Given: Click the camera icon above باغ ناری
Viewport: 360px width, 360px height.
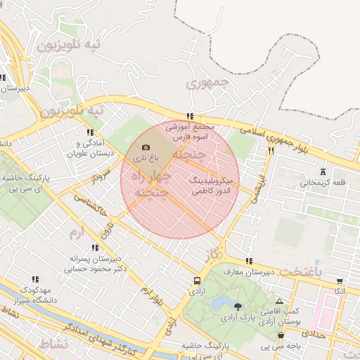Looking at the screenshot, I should pyautogui.click(x=146, y=148).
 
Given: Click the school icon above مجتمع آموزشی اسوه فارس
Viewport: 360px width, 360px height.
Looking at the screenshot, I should pyautogui.click(x=189, y=117).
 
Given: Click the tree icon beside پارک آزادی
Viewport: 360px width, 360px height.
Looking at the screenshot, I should pyautogui.click(x=238, y=306).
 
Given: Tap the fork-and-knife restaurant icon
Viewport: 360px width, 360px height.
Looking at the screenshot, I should pyautogui.click(x=270, y=150).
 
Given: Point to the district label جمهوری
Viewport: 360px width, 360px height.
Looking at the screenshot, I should pyautogui.click(x=208, y=83).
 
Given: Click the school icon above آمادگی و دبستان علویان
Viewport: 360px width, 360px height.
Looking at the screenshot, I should pyautogui.click(x=89, y=132).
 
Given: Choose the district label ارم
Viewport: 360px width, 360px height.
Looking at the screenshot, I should pyautogui.click(x=76, y=232).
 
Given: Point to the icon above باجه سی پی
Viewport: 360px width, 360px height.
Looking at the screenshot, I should pyautogui.click(x=281, y=336).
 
